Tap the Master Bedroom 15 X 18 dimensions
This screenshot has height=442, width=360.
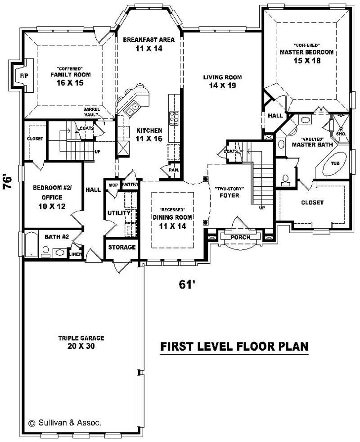tap(306, 61)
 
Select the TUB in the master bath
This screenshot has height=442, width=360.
tap(335, 163)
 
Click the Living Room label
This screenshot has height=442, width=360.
tap(219, 77)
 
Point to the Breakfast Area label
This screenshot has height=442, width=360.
tap(148, 40)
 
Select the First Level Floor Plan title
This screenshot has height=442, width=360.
tap(234, 347)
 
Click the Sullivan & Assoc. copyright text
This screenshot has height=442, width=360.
tap(65, 423)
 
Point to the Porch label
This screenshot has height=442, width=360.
tap(240, 237)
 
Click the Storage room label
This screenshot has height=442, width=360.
tap(122, 247)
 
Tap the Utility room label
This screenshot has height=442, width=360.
tap(119, 212)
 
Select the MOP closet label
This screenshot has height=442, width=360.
tap(112, 185)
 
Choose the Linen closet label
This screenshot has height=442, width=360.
tap(75, 254)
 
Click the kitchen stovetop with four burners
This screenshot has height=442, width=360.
tap(174, 117)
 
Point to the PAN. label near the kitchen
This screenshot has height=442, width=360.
tap(174, 170)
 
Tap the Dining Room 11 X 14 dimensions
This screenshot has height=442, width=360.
tap(172, 226)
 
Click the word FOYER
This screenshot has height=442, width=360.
tap(229, 196)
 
